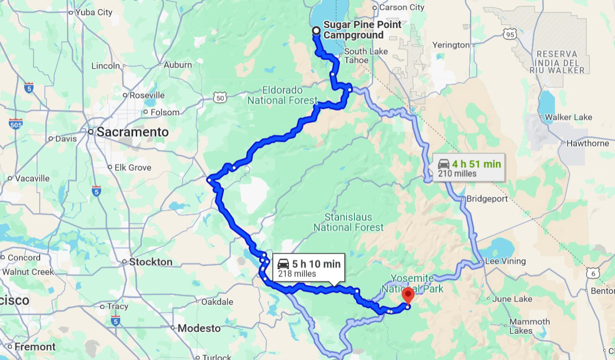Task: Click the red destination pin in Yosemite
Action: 408,296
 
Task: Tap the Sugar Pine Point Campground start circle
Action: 316,32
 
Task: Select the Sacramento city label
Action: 132,132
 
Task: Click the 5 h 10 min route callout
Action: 309,268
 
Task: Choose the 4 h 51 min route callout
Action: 469,168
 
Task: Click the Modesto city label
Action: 199,328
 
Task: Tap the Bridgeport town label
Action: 487,199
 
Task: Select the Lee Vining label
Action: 505,261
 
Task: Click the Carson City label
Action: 401,7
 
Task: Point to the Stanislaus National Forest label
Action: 349,222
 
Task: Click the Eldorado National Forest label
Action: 282,95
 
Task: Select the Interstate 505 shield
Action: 15,124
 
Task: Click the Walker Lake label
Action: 568,117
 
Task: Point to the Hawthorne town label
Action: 588,143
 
